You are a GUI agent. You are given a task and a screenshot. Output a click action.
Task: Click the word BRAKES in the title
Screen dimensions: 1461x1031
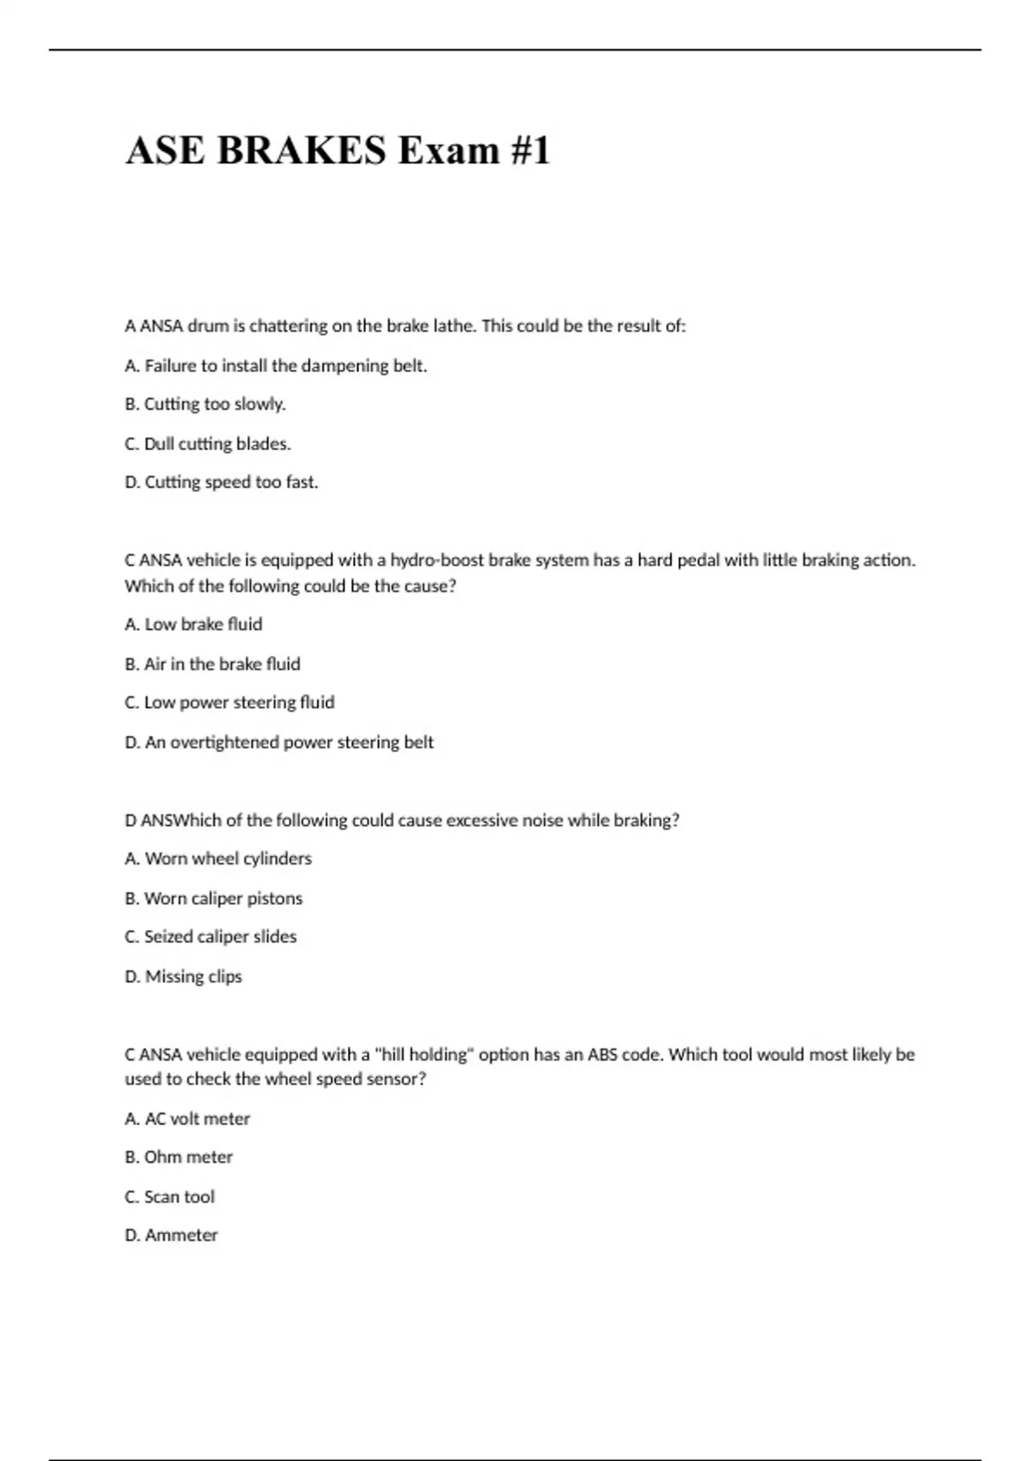click(x=302, y=150)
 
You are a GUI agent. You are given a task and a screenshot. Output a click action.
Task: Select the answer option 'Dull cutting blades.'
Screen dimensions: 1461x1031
click(x=208, y=443)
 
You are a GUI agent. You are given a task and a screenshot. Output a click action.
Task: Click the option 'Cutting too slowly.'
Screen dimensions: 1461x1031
click(x=205, y=404)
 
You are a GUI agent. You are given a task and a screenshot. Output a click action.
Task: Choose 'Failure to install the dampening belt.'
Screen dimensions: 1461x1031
click(x=276, y=365)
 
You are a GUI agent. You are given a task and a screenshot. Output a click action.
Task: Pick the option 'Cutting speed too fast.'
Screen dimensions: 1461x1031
click(x=222, y=482)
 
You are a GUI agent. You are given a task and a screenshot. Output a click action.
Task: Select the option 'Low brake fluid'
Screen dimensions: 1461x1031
click(x=193, y=624)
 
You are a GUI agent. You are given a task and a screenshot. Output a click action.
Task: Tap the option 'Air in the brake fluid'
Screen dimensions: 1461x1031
click(x=212, y=663)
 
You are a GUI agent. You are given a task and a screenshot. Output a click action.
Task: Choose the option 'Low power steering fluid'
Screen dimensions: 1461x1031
click(x=229, y=702)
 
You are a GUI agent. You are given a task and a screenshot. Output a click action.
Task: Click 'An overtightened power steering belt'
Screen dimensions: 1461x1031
click(x=279, y=742)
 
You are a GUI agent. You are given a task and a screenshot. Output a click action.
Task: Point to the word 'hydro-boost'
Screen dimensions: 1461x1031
click(x=437, y=560)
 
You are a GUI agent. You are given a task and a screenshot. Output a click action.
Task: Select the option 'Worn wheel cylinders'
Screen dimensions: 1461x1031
click(x=218, y=859)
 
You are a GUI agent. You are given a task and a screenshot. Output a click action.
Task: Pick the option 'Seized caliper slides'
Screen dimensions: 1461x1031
click(x=210, y=937)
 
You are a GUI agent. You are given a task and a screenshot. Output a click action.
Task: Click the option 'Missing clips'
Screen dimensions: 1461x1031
click(x=184, y=976)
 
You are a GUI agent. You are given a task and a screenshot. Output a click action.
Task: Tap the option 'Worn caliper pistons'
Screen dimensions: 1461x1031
click(x=214, y=898)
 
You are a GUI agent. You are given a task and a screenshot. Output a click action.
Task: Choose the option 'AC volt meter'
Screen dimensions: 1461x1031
click(x=187, y=1119)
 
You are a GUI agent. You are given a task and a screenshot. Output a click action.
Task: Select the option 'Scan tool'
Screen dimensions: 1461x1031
click(x=170, y=1196)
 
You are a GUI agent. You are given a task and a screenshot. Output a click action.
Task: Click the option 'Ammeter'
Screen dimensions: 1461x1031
click(x=171, y=1235)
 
